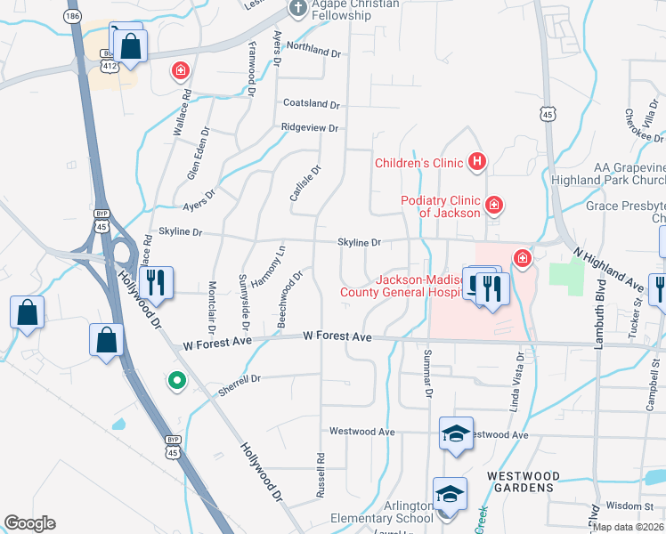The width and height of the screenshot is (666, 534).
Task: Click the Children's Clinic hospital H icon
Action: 477,161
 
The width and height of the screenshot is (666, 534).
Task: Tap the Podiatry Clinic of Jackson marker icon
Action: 493,206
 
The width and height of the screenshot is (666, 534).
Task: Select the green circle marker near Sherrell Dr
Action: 177,381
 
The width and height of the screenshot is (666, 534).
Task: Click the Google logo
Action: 29,523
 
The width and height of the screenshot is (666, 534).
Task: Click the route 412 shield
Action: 109,66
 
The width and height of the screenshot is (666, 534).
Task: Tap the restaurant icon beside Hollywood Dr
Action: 156,283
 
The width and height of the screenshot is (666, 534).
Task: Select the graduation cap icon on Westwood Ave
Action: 456,434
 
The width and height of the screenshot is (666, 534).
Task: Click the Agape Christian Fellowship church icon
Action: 296,9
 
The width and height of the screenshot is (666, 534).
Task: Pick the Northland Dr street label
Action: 313,53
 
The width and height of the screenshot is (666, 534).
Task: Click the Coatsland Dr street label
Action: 311,104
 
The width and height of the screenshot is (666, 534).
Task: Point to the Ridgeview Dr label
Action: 309,128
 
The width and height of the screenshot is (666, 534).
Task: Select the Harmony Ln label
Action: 266,266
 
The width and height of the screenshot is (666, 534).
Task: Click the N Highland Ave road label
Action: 608,271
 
